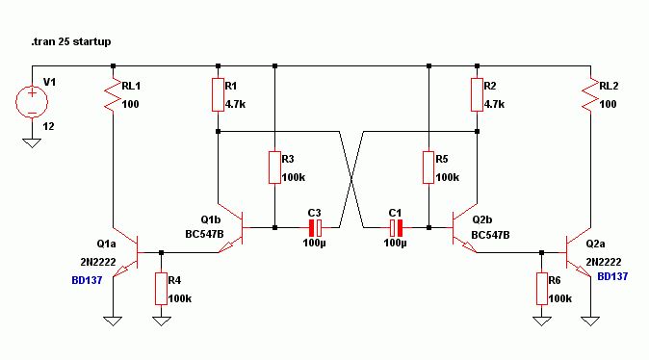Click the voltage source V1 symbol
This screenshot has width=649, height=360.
(x=32, y=102)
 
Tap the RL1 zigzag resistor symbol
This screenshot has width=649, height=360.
(x=113, y=94)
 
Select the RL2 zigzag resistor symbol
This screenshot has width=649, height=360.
(x=590, y=94)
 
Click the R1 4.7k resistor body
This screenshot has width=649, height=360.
(x=219, y=94)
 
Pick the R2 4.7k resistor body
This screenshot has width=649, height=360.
(x=477, y=94)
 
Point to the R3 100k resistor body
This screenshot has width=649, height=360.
(x=274, y=167)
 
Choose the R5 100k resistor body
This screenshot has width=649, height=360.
(x=428, y=167)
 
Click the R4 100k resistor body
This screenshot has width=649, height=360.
(x=162, y=289)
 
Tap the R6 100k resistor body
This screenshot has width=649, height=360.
(x=542, y=289)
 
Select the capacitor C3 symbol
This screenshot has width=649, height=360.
(x=316, y=227)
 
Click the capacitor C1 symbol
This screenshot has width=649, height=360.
(x=396, y=227)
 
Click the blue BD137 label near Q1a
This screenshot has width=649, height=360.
(x=87, y=280)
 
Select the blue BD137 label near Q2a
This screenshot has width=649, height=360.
(x=612, y=276)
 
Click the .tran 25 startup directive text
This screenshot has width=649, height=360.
(x=71, y=41)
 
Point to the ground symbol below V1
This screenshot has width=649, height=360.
(x=32, y=142)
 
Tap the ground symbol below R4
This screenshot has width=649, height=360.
(x=162, y=321)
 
